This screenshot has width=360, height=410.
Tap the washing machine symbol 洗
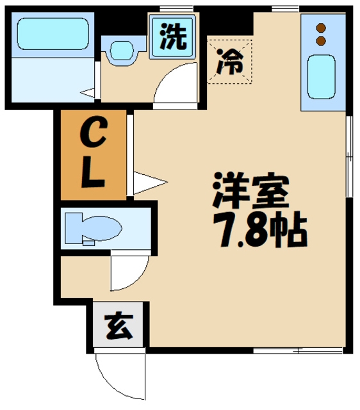click(173, 36)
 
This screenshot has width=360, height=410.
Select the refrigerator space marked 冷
click(229, 61)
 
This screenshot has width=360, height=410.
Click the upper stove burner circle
click(322, 28)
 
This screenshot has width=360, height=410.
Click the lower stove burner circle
click(322, 41)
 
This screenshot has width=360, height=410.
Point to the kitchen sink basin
click(322, 76)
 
